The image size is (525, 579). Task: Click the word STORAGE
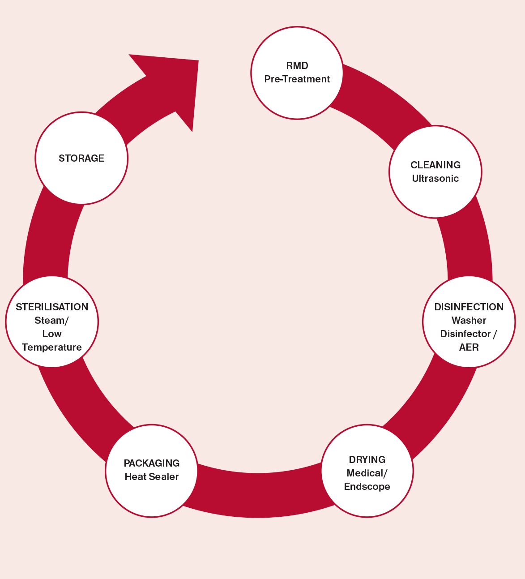[81, 158]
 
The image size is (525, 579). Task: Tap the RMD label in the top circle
[297, 66]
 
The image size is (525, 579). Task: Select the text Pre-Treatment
[297, 79]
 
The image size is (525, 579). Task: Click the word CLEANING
[435, 165]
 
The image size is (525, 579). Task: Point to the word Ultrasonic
[435, 179]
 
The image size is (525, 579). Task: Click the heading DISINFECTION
[469, 307]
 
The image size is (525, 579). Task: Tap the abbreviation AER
[469, 347]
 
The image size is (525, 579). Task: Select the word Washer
[469, 320]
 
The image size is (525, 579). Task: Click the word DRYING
[367, 459]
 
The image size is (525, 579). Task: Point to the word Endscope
[367, 487]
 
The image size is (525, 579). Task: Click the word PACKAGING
[152, 463]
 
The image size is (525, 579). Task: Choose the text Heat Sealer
[152, 477]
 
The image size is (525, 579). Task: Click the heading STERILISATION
[52, 307]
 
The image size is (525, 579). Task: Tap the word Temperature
[52, 347]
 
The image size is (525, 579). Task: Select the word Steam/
[52, 320]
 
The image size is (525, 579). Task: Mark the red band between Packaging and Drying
[259, 495]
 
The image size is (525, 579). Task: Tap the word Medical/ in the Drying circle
[367, 473]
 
